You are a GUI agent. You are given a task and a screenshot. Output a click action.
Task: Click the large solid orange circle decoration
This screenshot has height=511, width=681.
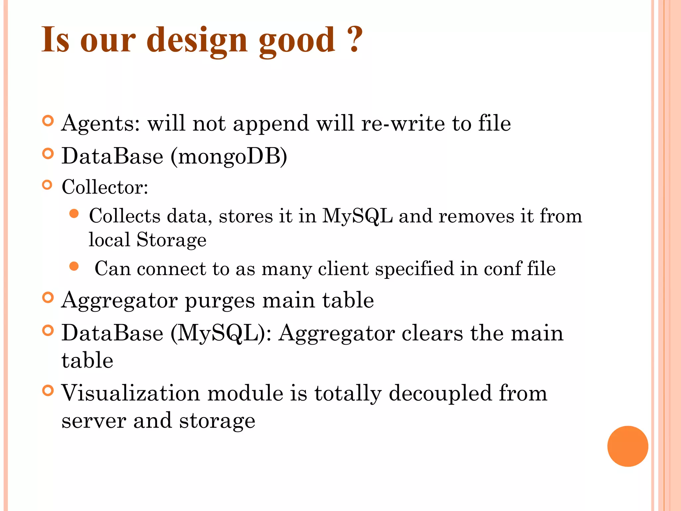(627, 446)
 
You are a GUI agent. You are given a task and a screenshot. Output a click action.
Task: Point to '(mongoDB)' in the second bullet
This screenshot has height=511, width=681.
(229, 156)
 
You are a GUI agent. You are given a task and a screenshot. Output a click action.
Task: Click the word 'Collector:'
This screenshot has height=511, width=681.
(105, 187)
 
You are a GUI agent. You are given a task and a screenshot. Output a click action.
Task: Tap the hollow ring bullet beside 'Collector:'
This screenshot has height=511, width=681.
(48, 185)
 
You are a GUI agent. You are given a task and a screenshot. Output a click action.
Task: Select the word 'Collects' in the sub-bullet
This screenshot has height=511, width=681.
(124, 216)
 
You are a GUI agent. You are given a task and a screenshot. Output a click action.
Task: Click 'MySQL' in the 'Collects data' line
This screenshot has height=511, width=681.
(357, 216)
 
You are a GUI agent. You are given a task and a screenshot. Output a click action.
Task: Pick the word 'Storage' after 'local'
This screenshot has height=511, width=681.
(171, 240)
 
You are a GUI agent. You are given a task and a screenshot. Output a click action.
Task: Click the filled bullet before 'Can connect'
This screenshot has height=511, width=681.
(74, 266)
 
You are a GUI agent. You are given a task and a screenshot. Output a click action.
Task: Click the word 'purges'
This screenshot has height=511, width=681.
(220, 300)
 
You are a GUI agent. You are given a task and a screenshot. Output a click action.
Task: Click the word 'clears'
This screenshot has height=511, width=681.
(432, 333)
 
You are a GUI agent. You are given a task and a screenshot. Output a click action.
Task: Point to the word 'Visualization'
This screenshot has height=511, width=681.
(131, 393)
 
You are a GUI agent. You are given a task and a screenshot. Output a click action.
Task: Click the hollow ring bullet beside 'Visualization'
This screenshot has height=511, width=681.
(48, 390)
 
